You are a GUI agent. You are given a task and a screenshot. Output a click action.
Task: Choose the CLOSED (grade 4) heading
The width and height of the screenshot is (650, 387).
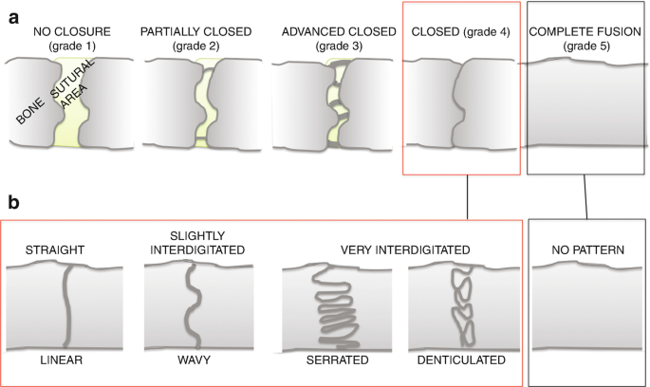pos(461,32)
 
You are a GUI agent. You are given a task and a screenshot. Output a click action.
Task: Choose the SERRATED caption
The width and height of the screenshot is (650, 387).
pos(337,361)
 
